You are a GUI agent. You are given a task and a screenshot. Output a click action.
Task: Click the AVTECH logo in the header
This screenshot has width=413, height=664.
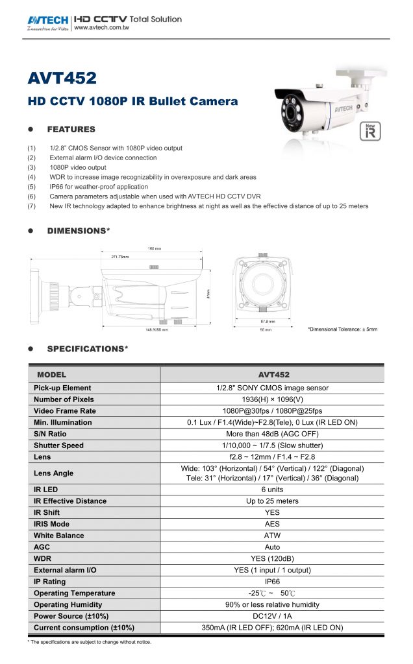[48, 22]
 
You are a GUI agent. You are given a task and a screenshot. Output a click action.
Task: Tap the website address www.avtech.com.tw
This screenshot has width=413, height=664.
[99, 29]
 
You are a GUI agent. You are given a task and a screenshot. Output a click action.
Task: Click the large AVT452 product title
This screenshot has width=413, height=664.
[62, 78]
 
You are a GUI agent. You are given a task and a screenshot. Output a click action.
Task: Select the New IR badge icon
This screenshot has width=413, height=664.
[370, 130]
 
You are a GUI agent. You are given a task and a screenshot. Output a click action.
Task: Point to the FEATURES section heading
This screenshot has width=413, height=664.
[71, 129]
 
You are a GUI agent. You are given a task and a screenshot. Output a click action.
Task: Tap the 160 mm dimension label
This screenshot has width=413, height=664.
[154, 248]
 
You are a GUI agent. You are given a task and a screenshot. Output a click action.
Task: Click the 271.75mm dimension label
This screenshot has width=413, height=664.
[119, 256]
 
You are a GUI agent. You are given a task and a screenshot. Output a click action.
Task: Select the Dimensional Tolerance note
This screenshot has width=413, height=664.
[342, 329]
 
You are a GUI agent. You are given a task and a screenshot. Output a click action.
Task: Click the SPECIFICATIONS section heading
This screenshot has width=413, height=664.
[87, 349]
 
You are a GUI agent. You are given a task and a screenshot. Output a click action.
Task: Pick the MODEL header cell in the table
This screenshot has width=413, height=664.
[51, 375]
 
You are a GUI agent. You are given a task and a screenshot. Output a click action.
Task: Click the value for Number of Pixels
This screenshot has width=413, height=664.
[273, 399]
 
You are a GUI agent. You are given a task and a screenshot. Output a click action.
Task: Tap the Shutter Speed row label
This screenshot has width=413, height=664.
[59, 445]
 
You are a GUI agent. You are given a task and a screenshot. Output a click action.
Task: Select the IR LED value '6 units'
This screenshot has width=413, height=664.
[273, 490]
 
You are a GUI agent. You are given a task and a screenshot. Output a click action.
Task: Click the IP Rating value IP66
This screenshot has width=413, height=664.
[273, 582]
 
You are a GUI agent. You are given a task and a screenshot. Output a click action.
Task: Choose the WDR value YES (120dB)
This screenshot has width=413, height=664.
[273, 559]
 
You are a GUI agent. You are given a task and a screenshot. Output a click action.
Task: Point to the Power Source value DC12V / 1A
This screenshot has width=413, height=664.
[273, 616]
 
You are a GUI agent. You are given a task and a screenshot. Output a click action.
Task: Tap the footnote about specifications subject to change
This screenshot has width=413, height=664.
[89, 642]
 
